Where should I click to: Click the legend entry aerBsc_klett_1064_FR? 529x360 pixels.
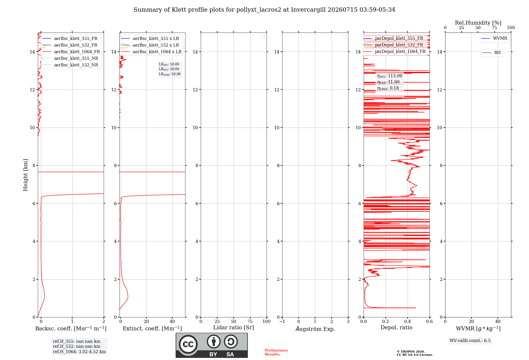tap(71, 52)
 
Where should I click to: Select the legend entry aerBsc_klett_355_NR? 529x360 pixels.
tap(70, 58)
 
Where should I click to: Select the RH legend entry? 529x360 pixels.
tap(492, 53)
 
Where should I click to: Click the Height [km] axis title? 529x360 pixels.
tap(25, 175)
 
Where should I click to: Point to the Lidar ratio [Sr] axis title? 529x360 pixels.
tap(234, 328)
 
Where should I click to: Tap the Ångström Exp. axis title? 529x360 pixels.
tap(315, 329)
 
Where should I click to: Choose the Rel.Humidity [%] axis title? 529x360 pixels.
tap(478, 23)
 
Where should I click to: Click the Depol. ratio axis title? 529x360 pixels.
tap(396, 328)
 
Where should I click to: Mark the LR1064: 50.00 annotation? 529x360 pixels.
tap(170, 74)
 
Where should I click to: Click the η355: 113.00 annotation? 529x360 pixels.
tap(390, 76)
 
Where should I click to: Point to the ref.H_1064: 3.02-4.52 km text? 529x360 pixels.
tap(79, 352)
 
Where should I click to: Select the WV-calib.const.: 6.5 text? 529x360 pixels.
tap(470, 341)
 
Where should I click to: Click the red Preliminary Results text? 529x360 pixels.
tap(276, 352)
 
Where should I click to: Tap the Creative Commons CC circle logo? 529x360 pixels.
tap(188, 344)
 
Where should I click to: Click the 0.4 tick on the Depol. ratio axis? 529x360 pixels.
tap(408, 322)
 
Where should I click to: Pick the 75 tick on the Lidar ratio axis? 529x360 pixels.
tap(250, 322)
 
